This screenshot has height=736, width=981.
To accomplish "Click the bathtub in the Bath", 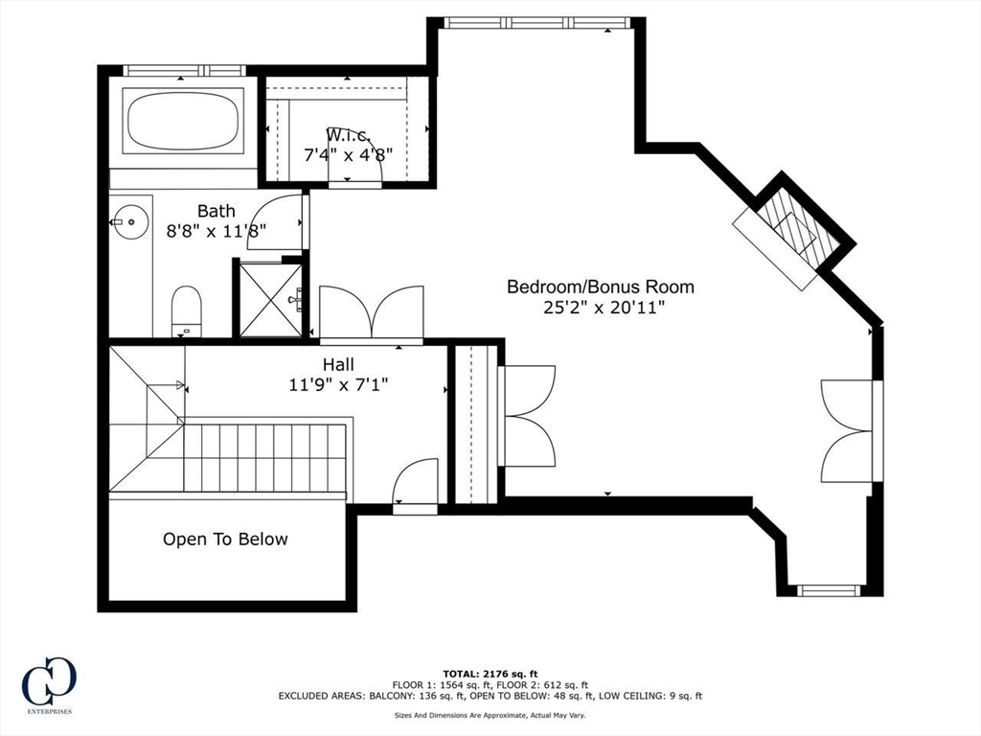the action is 183,120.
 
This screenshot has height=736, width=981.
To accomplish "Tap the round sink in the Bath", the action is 130,221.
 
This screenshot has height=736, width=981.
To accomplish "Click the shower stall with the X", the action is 271,300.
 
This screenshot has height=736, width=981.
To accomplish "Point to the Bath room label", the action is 216,211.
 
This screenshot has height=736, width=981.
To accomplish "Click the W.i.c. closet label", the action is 349,134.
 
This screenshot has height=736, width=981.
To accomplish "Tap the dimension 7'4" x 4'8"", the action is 348,154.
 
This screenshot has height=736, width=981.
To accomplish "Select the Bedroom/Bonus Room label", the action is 600,287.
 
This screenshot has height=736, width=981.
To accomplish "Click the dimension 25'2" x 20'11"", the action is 600,308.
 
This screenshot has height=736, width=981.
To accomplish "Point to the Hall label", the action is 338,364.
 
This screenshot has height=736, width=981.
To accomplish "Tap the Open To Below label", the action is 225,540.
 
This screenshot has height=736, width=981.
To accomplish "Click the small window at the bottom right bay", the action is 829,589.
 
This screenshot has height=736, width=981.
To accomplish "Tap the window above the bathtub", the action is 183,71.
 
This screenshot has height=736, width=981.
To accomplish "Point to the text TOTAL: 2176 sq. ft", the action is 490,674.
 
